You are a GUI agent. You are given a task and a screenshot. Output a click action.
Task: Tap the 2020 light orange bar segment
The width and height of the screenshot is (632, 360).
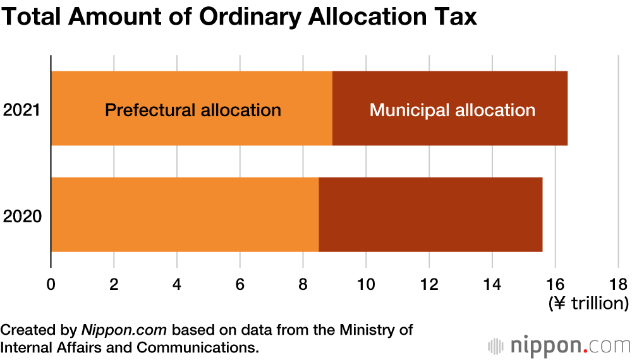coord(185,215)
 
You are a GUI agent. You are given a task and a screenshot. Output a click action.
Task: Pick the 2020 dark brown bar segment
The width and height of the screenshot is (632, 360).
coord(430,215)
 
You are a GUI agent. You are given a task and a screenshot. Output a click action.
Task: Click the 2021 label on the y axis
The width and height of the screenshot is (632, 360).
coord(22,110)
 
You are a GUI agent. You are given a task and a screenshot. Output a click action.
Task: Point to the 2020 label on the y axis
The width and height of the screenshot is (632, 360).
coord(22,217)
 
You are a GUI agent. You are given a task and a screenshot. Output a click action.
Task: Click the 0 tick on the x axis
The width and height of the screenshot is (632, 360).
coord(51,284)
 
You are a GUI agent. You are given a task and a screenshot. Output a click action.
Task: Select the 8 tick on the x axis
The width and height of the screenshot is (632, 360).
coord(303,284)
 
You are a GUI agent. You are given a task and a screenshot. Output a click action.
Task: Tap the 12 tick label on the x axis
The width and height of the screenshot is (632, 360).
coord(429,284)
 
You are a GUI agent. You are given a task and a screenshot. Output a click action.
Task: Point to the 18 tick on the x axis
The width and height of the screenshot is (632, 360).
coord(618,284)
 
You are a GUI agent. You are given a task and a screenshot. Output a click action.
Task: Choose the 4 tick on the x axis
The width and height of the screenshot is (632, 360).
coord(177,284)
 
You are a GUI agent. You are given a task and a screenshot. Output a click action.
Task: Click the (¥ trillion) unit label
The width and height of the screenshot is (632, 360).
coord(588,303)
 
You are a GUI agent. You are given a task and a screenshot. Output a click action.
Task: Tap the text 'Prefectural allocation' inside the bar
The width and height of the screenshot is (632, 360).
coord(193,110)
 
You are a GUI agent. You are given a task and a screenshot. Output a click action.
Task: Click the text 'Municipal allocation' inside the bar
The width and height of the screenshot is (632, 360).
coord(453,110)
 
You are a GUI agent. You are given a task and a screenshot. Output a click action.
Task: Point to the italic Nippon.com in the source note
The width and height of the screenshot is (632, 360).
coord(124,330)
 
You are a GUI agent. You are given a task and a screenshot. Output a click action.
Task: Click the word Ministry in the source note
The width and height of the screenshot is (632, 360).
coord(368,330)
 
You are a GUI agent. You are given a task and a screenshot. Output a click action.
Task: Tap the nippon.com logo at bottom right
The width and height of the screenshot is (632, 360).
coord(559,346)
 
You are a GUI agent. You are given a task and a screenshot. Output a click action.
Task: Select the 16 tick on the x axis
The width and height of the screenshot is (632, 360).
coord(555,284)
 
